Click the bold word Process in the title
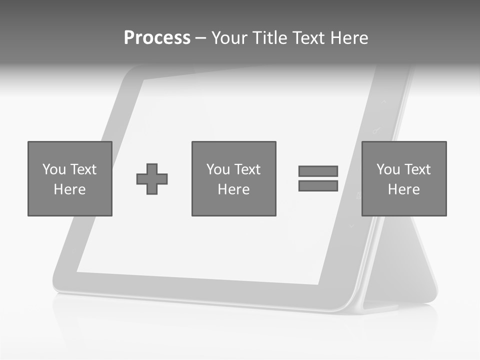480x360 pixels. (x=157, y=37)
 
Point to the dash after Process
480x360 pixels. (x=200, y=38)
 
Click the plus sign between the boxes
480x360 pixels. (x=152, y=179)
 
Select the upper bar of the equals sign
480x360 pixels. (x=318, y=171)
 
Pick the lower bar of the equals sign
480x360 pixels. (x=318, y=186)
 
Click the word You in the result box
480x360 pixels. (x=388, y=169)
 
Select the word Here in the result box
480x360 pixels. (x=404, y=189)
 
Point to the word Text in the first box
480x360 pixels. (x=83, y=169)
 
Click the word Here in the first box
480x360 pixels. (x=70, y=189)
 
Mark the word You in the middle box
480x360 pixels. (x=218, y=169)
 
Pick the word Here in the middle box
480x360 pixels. (x=234, y=189)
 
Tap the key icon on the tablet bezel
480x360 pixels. (x=376, y=131)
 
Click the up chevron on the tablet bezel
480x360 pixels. (x=384, y=101)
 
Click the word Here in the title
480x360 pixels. (x=349, y=37)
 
